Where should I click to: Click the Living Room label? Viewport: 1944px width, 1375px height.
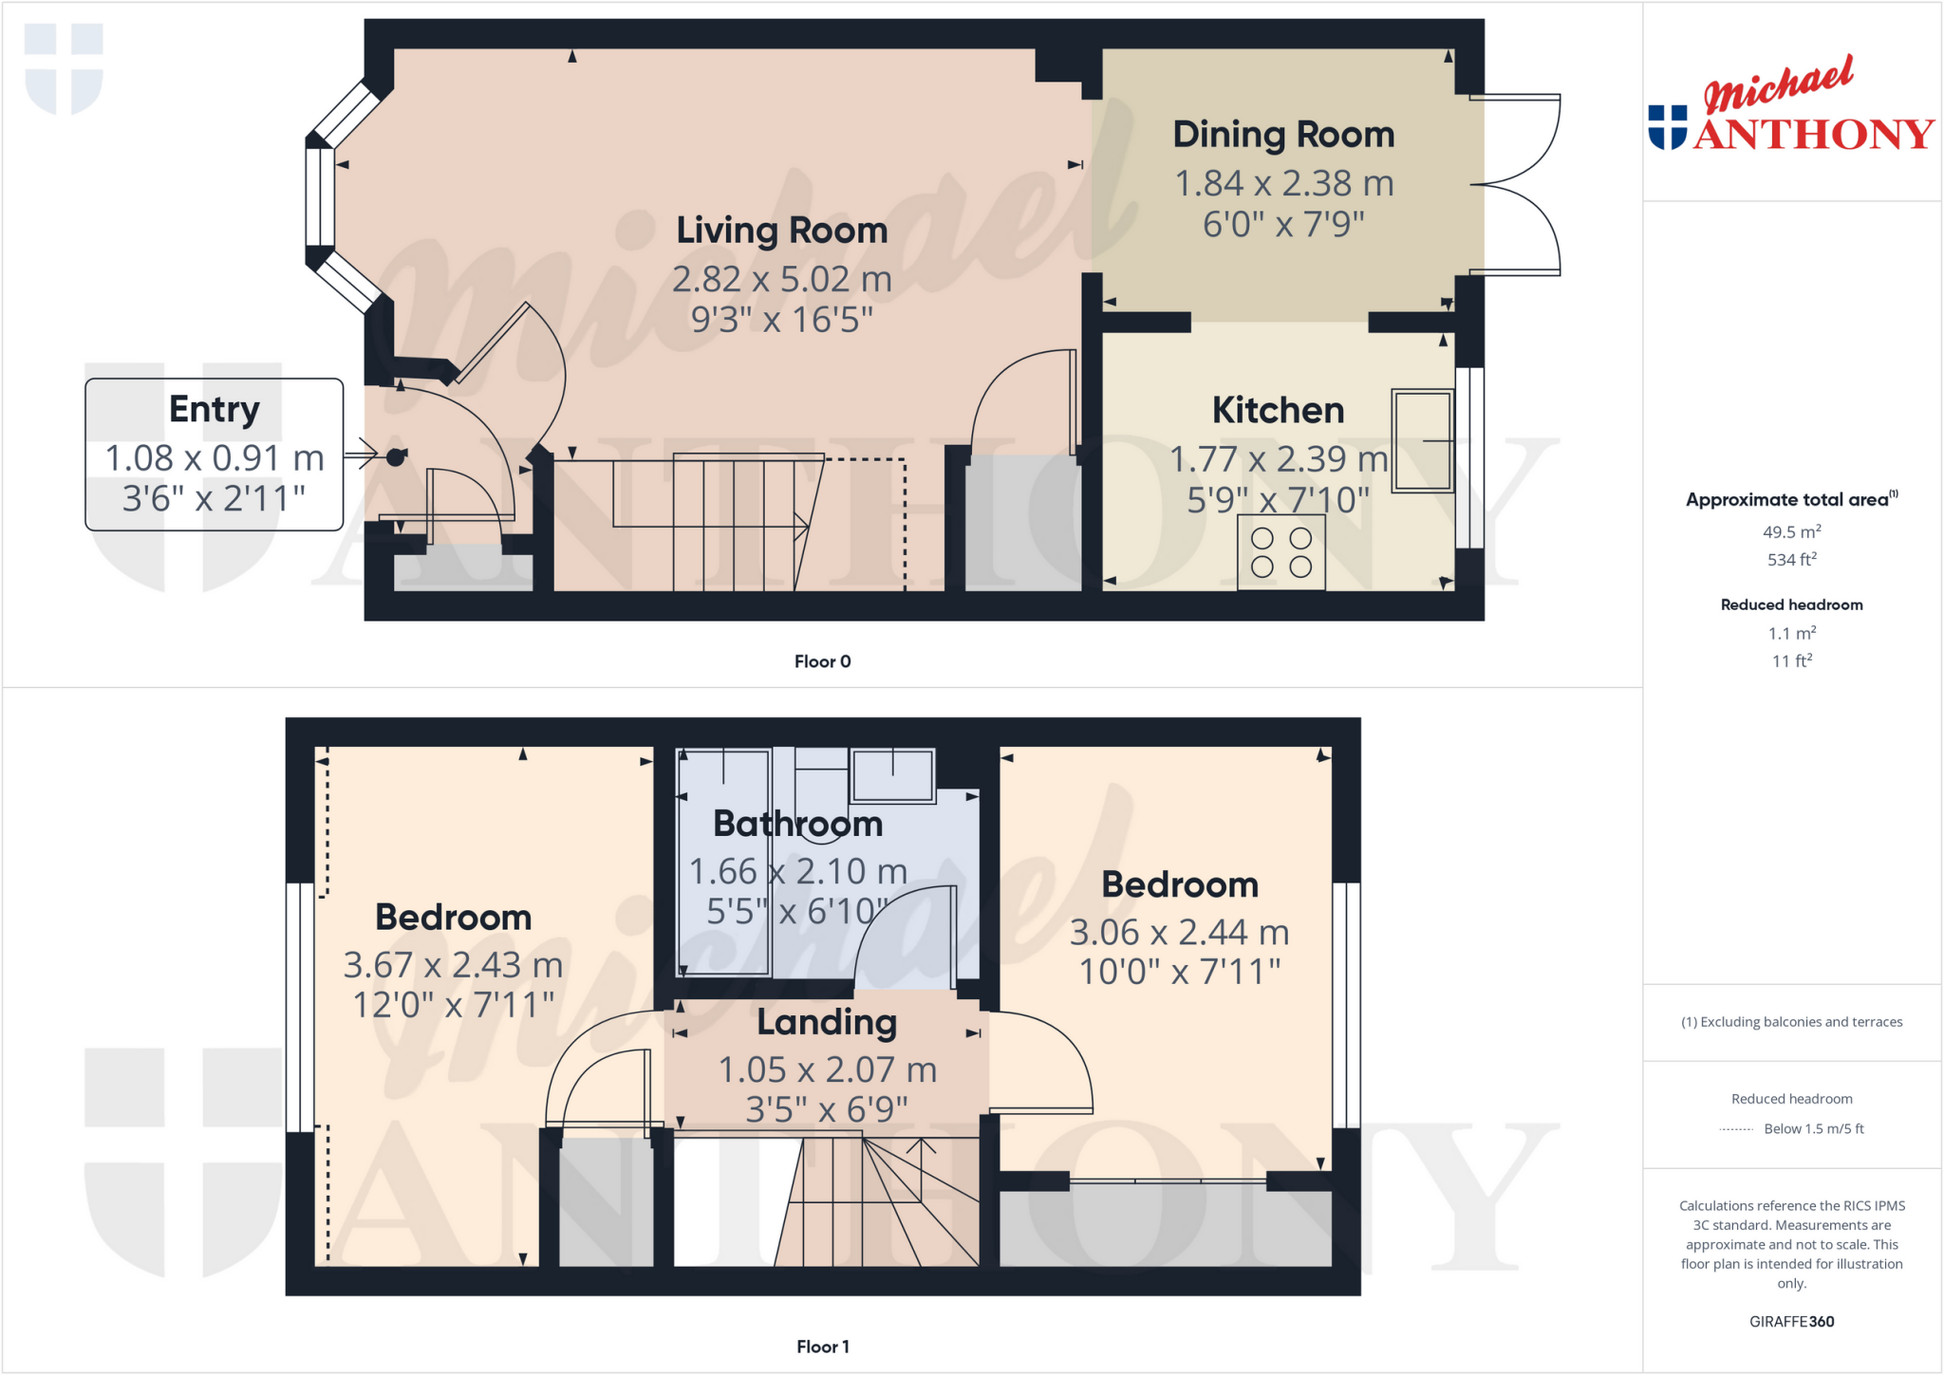pyautogui.click(x=781, y=231)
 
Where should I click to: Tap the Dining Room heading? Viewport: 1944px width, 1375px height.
pyautogui.click(x=1283, y=135)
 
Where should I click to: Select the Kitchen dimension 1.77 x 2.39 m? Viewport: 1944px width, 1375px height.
pyautogui.click(x=1278, y=459)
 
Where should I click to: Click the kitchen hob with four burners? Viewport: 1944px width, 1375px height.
pyautogui.click(x=1280, y=552)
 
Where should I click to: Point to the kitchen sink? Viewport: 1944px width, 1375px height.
pyautogui.click(x=1422, y=440)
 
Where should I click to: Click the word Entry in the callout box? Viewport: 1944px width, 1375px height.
pyautogui.click(x=215, y=409)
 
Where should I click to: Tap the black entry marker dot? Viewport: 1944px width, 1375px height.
pyautogui.click(x=396, y=457)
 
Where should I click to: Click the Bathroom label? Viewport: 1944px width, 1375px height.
pyautogui.click(x=797, y=824)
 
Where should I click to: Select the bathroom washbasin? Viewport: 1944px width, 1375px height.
pyautogui.click(x=892, y=774)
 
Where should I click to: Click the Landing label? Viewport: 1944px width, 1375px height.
pyautogui.click(x=827, y=1022)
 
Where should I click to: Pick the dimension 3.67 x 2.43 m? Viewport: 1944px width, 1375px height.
pyautogui.click(x=453, y=965)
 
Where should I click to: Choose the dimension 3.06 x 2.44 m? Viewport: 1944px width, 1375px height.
pyautogui.click(x=1179, y=932)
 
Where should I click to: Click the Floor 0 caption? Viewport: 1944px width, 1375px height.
pyautogui.click(x=822, y=661)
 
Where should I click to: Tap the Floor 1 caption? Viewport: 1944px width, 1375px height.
pyautogui.click(x=822, y=1347)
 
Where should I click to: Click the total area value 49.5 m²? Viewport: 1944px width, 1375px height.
pyautogui.click(x=1791, y=532)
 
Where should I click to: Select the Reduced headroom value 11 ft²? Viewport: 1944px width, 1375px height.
pyautogui.click(x=1791, y=660)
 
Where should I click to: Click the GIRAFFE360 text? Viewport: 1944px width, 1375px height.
pyautogui.click(x=1791, y=1321)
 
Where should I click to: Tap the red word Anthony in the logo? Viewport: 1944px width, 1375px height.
pyautogui.click(x=1813, y=134)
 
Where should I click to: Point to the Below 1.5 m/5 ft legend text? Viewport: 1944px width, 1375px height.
pyautogui.click(x=1813, y=1128)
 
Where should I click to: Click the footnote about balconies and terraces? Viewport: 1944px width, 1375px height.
pyautogui.click(x=1791, y=1022)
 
